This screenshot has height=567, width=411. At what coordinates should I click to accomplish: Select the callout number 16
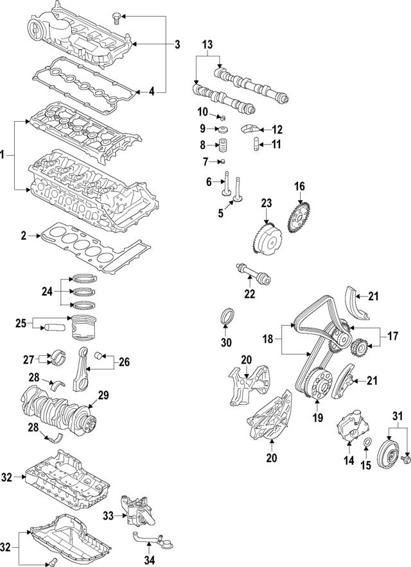(299, 187)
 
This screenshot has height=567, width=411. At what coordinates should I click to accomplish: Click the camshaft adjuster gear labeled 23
(265, 238)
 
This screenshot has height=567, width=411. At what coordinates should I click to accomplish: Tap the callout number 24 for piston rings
(46, 292)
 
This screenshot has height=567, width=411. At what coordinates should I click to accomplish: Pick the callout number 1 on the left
(4, 155)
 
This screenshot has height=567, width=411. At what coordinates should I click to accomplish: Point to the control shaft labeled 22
(256, 275)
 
